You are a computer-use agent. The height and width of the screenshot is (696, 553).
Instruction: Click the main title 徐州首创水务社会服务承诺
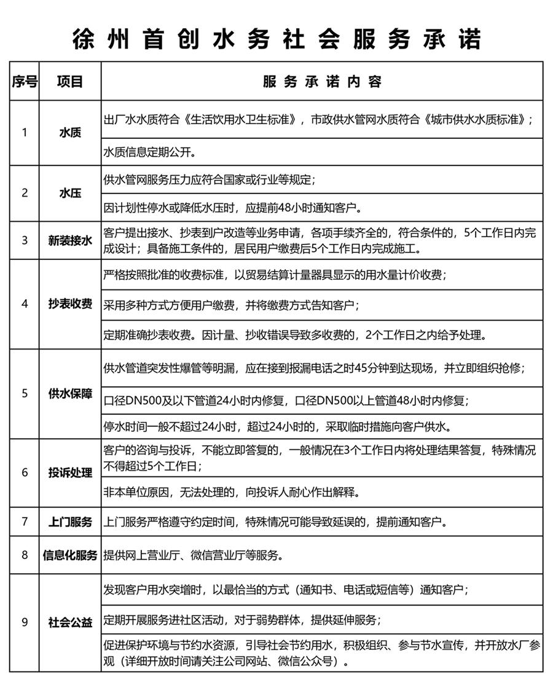click(276, 38)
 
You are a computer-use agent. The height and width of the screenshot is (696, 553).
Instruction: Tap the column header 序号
click(25, 81)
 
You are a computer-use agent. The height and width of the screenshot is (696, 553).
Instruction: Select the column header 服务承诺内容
click(322, 81)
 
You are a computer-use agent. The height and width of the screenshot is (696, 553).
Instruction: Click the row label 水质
click(70, 132)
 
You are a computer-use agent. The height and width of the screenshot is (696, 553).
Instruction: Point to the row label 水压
click(70, 193)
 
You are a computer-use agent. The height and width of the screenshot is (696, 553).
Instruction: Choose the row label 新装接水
click(70, 240)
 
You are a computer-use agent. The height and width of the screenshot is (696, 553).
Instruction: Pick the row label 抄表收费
click(70, 304)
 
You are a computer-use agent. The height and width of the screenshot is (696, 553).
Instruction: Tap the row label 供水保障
click(70, 393)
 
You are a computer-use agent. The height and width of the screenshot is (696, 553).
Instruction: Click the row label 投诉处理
click(70, 472)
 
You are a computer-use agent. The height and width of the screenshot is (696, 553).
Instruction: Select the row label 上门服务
click(70, 522)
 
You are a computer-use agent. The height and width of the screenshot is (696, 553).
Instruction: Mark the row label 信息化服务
click(70, 555)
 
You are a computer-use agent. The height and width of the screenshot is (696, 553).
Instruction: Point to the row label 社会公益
click(70, 622)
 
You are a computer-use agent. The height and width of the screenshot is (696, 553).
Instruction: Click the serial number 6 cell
click(25, 472)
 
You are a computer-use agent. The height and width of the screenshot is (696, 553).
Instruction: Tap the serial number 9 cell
click(25, 622)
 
